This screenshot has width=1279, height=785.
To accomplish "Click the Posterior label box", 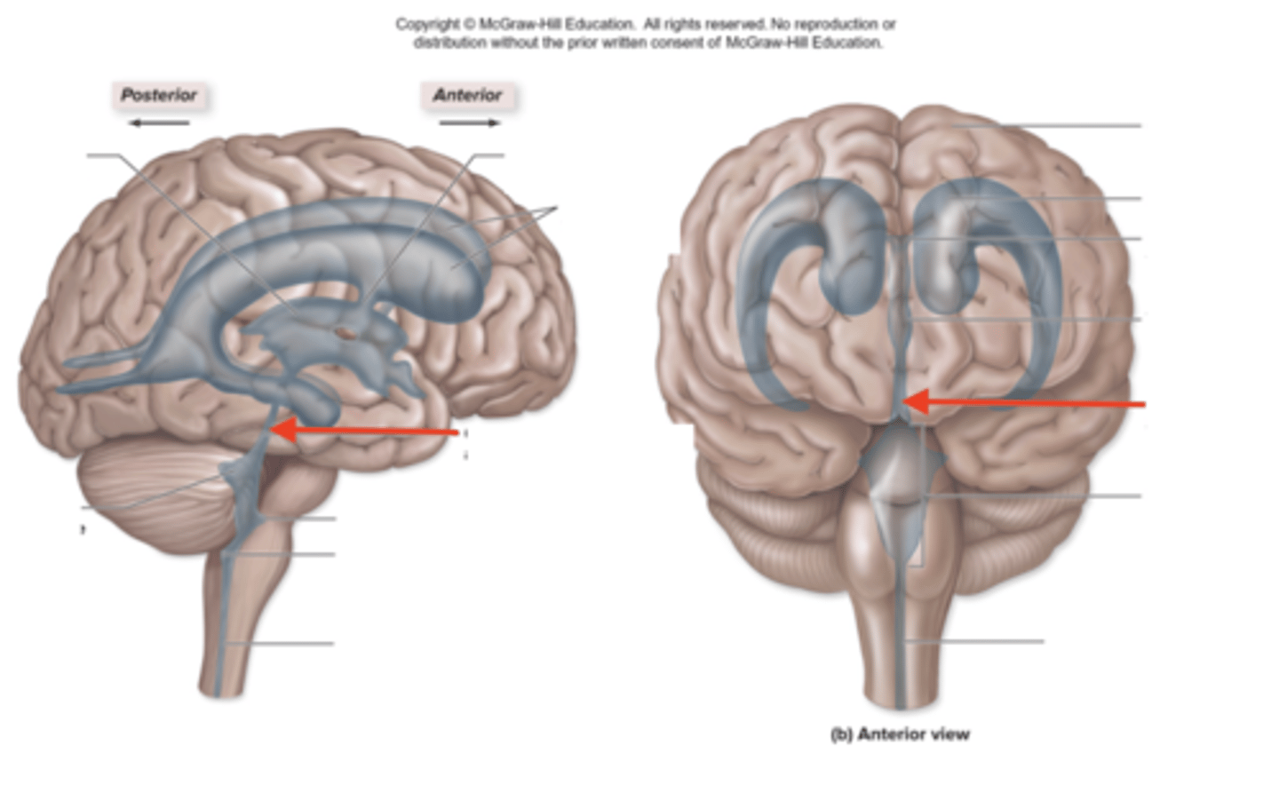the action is pyautogui.click(x=159, y=95).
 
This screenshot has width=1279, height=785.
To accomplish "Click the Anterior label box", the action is pyautogui.click(x=467, y=95).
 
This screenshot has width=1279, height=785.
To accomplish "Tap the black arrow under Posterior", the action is pyautogui.click(x=159, y=123).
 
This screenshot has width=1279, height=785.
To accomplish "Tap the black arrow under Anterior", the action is pyautogui.click(x=470, y=123).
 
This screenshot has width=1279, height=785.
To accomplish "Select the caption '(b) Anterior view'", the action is pyautogui.click(x=900, y=734).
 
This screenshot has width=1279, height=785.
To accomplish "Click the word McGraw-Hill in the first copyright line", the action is pyautogui.click(x=516, y=24).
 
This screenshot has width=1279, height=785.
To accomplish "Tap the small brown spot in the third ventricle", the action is pyautogui.click(x=343, y=333).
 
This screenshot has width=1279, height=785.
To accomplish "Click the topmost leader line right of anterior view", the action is pyautogui.click(x=1066, y=126).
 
